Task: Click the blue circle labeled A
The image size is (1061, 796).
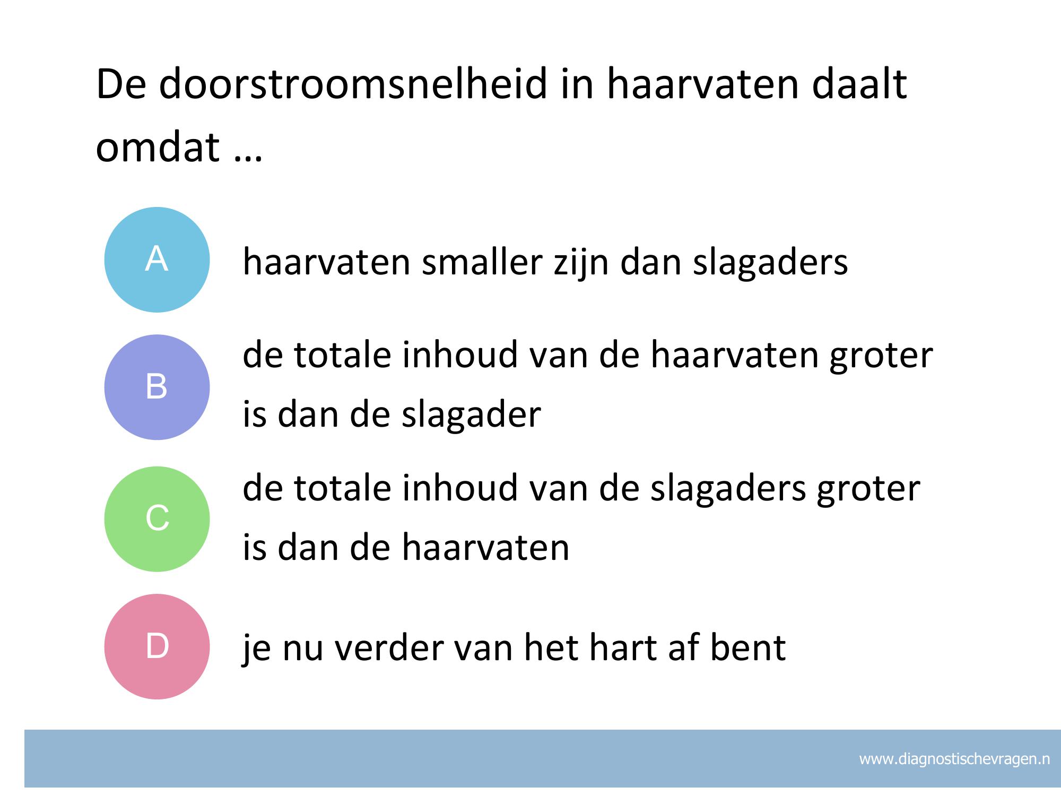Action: [x=157, y=259]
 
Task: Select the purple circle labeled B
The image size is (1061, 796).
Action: [x=157, y=387]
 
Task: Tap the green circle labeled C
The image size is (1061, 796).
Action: [x=157, y=518]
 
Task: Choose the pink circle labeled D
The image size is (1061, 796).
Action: [x=157, y=646]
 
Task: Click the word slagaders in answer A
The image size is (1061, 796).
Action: [x=770, y=261]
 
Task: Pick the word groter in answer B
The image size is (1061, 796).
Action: [x=881, y=355]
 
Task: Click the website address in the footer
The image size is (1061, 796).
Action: [x=954, y=759]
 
